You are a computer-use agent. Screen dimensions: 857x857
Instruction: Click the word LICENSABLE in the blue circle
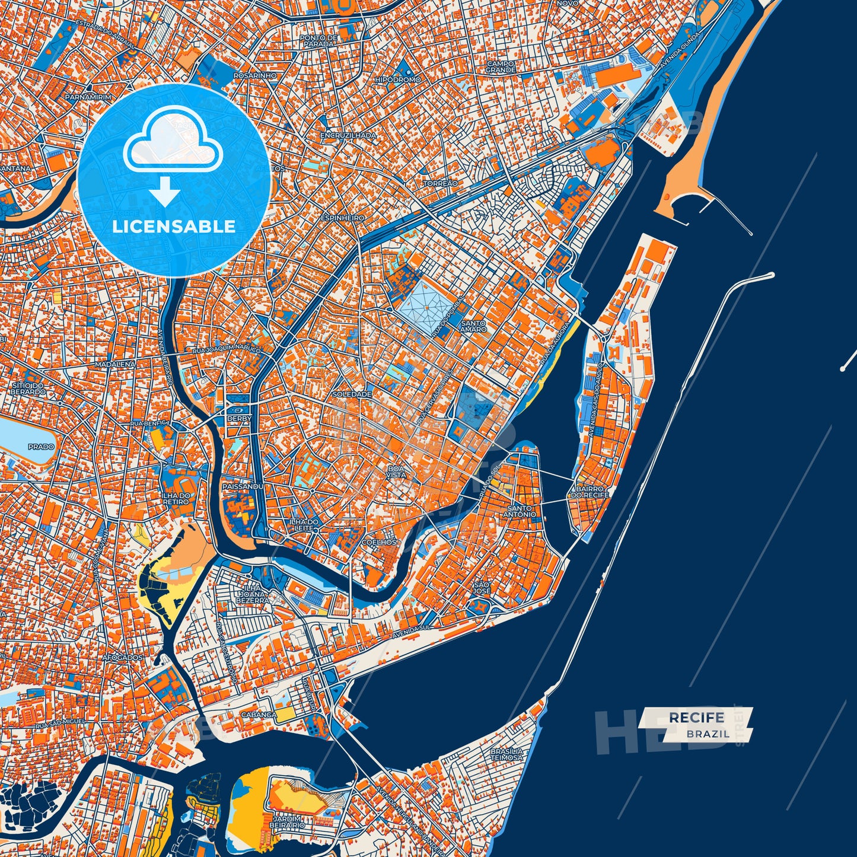[x=174, y=227]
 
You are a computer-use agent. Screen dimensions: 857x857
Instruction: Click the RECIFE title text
[x=696, y=718]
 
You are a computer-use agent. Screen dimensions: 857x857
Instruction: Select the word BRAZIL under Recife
[x=708, y=734]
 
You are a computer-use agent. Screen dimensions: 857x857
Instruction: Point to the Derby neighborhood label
[x=239, y=418]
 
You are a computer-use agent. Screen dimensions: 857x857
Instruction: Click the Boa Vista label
[x=396, y=471]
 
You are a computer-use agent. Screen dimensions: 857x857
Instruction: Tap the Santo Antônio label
[x=521, y=511]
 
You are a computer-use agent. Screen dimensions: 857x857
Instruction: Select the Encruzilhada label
[x=348, y=135]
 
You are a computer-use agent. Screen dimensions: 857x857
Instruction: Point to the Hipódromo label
[x=398, y=79]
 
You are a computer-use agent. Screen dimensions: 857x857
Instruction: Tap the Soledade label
[x=352, y=394]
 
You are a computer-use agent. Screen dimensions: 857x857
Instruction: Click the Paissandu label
[x=242, y=486]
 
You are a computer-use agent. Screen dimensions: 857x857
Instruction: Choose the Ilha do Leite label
[x=304, y=524]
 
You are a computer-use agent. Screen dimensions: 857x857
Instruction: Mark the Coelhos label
[x=378, y=542]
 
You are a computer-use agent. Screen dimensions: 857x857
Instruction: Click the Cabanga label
[x=258, y=715]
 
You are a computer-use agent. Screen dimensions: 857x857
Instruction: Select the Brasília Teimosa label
[x=506, y=754]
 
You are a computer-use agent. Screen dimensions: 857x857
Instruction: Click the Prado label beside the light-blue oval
[x=40, y=447]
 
